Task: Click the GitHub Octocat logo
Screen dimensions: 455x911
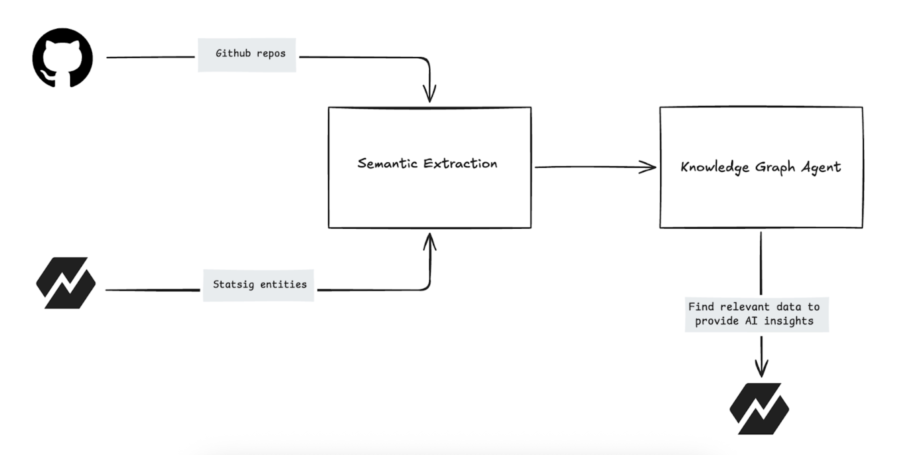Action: pos(63,58)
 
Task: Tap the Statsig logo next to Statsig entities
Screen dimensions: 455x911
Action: pos(66,283)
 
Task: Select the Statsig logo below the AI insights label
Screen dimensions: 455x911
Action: pos(759,409)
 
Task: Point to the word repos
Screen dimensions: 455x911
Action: pos(271,53)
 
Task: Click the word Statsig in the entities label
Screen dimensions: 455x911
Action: pos(233,285)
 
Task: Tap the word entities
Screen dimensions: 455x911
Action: pos(283,285)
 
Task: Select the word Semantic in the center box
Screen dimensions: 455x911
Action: pos(387,164)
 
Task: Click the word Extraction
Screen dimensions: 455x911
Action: pos(460,164)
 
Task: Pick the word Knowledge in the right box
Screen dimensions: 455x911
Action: pos(715,167)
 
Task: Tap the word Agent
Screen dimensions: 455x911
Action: pos(821,167)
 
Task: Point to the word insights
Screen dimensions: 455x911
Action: pos(788,321)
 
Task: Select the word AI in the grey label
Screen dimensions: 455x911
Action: pos(751,321)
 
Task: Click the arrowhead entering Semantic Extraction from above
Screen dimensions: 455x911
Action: pos(430,96)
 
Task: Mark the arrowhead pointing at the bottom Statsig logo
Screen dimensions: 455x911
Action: pos(761,369)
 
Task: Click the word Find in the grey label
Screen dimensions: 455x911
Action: pos(701,307)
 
